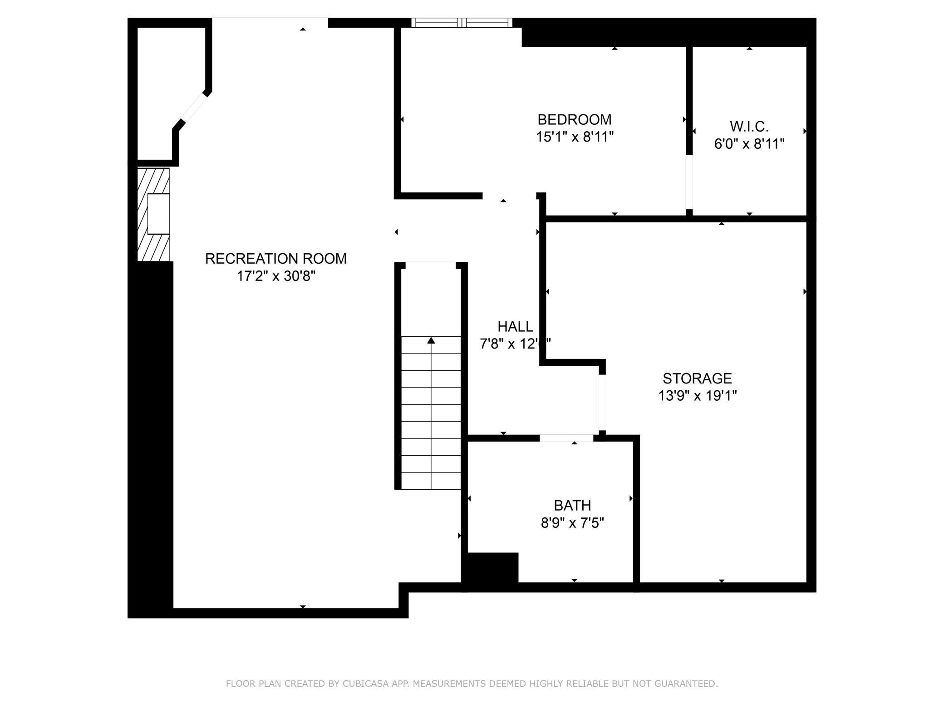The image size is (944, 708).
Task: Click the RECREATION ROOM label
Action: click(x=275, y=259)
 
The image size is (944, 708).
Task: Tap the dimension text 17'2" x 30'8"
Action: click(x=275, y=276)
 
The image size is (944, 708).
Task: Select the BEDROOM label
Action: click(x=574, y=119)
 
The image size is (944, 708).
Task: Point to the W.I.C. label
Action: click(x=749, y=126)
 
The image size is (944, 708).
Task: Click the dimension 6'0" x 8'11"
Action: click(x=749, y=144)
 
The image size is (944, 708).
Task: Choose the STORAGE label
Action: click(x=697, y=378)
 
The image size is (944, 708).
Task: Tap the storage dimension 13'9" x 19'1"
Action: click(x=697, y=396)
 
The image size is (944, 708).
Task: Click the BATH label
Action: click(x=572, y=505)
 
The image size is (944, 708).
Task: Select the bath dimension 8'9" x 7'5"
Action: click(x=572, y=523)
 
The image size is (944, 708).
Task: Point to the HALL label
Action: click(x=515, y=326)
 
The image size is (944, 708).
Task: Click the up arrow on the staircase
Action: click(x=431, y=340)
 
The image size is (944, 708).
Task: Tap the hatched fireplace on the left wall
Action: click(x=153, y=215)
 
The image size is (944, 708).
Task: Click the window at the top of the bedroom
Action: click(x=462, y=23)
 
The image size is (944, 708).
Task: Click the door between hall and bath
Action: click(x=566, y=438)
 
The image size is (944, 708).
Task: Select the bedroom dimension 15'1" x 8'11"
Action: click(x=574, y=137)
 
